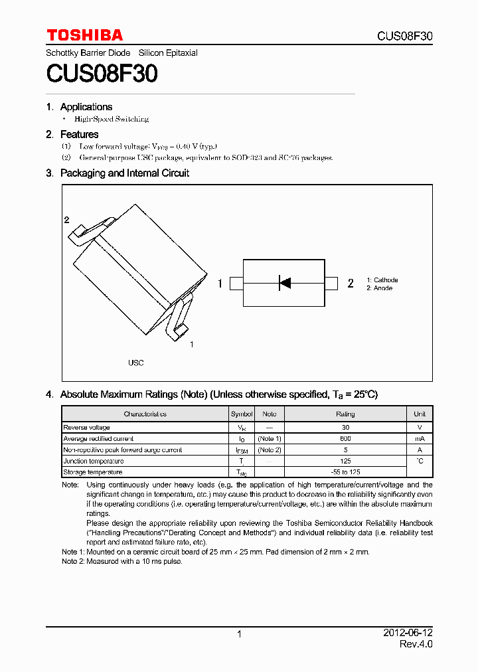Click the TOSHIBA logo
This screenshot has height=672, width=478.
[84, 35]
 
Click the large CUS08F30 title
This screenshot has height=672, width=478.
[102, 74]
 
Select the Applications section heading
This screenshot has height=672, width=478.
[86, 107]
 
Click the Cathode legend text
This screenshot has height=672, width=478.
[384, 280]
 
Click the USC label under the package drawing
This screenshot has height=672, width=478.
[135, 363]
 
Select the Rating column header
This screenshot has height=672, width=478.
[345, 414]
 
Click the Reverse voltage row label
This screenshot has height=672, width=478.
[87, 428]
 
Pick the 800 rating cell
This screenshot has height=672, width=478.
[345, 439]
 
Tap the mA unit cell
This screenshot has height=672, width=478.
[420, 439]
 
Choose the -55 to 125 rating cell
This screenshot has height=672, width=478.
[345, 472]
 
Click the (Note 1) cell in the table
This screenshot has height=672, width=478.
[270, 439]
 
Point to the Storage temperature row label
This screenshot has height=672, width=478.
[93, 472]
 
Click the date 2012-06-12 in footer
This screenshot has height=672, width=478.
[408, 633]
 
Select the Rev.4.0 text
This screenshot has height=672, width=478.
[416, 644]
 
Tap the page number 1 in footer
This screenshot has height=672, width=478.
[239, 634]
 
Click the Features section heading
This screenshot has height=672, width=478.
[79, 135]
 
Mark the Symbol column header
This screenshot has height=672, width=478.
[242, 414]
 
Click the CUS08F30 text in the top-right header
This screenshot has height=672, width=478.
[404, 36]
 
